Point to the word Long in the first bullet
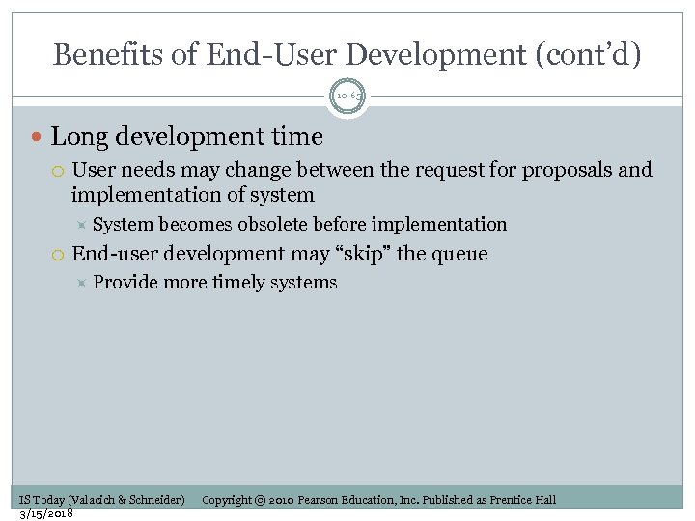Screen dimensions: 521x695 [x=75, y=137]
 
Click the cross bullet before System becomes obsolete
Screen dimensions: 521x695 [x=81, y=225]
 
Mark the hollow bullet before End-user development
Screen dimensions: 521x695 [x=58, y=255]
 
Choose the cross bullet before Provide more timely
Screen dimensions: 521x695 [x=81, y=283]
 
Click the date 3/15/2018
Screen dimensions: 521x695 [x=46, y=513]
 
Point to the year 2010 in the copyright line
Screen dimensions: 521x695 [x=282, y=500]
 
